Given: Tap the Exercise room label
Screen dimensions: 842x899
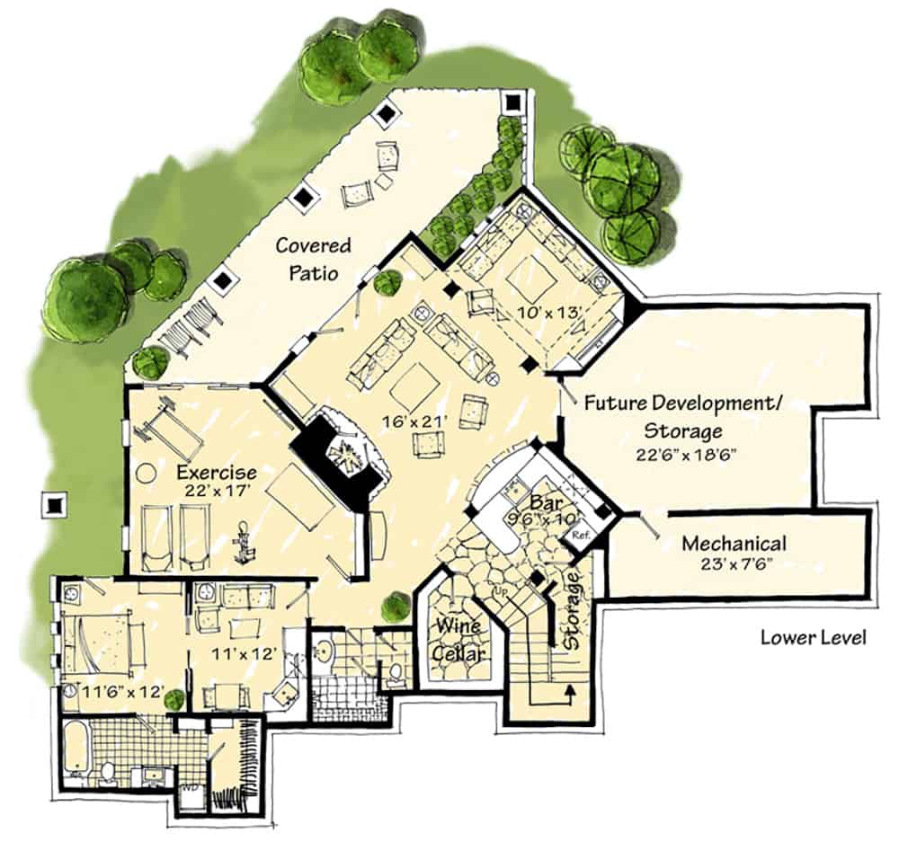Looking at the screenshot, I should click(x=217, y=473).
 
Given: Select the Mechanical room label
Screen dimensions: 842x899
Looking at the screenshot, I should click(x=734, y=544).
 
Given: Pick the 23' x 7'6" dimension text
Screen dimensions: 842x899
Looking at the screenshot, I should click(x=734, y=565).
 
